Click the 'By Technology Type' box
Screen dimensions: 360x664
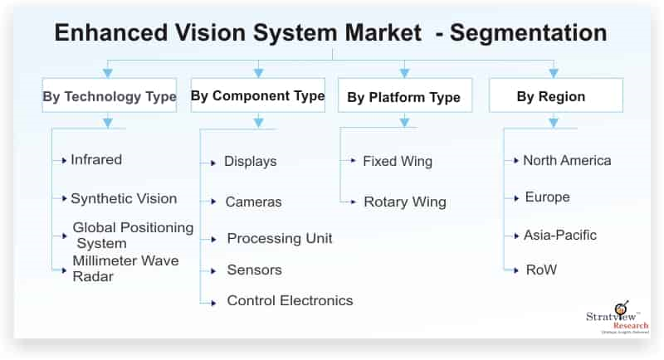(110, 96)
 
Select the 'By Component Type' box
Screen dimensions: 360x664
(257, 96)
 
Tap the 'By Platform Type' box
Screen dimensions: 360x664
(403, 97)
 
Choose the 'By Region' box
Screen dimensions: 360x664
(555, 96)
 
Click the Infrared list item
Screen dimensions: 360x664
(96, 159)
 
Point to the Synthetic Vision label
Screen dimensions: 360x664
(124, 198)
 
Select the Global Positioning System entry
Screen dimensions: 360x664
(133, 235)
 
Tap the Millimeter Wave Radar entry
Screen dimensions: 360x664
(124, 268)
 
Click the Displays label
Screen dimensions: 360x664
(250, 161)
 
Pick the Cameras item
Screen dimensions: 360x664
(253, 202)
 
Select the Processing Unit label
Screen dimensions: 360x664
(280, 238)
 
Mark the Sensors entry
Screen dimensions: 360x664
(254, 270)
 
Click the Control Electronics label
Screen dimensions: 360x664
(290, 300)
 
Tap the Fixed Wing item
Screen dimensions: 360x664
(398, 161)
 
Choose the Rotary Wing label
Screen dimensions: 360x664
(404, 202)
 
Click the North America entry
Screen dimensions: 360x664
(567, 160)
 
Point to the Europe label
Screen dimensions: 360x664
(547, 197)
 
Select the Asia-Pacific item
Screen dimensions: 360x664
(559, 235)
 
